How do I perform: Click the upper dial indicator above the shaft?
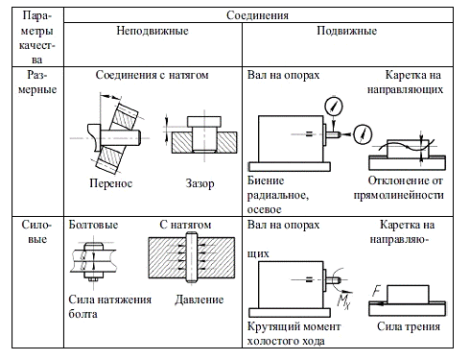tap(332, 104)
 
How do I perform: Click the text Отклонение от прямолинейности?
tap(405, 187)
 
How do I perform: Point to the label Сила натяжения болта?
tap(109, 306)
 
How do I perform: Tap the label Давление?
tap(199, 300)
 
